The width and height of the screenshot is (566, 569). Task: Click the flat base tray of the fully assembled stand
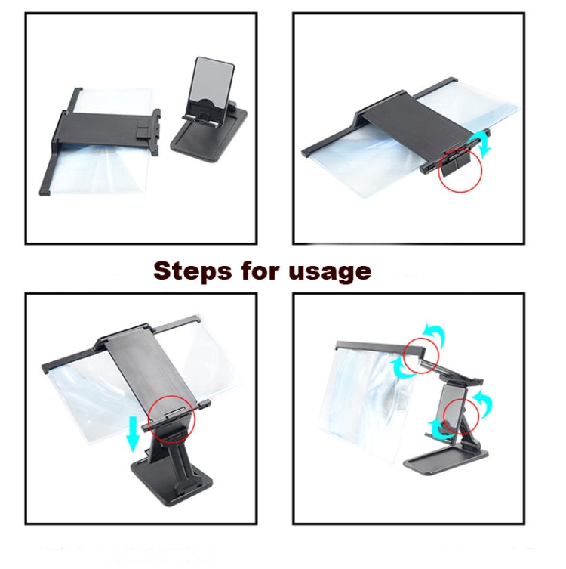[445, 461]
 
